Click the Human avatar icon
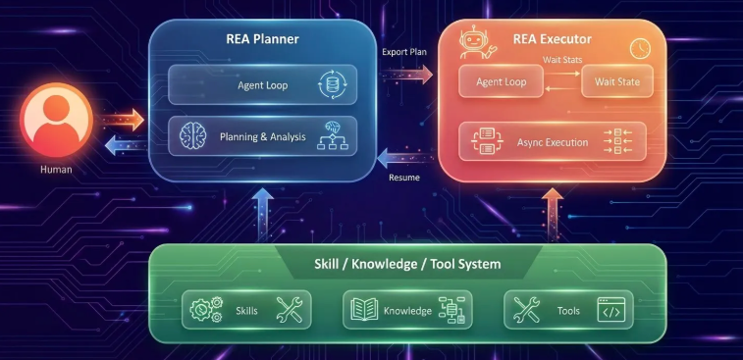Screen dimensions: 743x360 click(x=56, y=119)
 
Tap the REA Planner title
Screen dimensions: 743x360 click(x=262, y=39)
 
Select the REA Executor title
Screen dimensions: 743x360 click(x=552, y=39)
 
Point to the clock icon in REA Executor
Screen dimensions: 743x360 click(x=640, y=49)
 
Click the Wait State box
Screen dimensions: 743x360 click(x=617, y=81)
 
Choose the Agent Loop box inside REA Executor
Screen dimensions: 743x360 click(x=501, y=81)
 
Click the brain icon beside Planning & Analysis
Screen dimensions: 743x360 click(x=192, y=136)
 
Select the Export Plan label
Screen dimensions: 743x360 click(x=404, y=52)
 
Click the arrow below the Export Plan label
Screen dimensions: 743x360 click(x=406, y=75)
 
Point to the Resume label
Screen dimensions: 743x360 click(x=404, y=178)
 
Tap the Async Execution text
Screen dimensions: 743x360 click(x=553, y=142)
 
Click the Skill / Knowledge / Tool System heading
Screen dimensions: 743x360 click(x=407, y=263)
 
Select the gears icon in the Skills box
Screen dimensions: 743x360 click(x=206, y=310)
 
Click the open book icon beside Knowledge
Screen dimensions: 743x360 click(x=364, y=309)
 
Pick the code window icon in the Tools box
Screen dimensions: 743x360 click(x=610, y=310)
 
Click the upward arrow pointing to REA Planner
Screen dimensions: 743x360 click(x=262, y=215)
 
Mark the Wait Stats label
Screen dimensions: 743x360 click(x=562, y=60)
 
